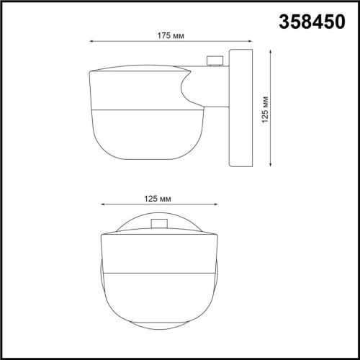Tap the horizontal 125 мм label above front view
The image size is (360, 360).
pyautogui.click(x=157, y=196)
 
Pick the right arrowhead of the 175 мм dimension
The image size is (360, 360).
pyautogui.click(x=248, y=41)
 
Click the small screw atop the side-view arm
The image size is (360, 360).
pyautogui.click(x=213, y=62)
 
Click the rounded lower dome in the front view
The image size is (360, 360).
pyautogui.click(x=158, y=302)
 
